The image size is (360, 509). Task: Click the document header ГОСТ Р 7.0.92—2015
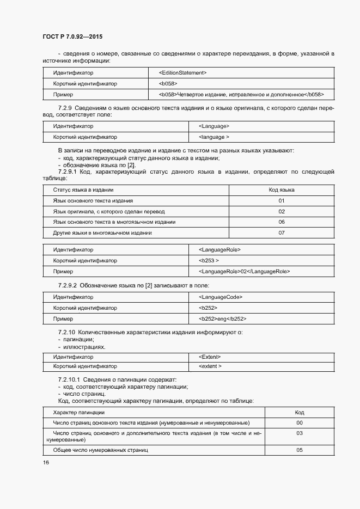(72, 37)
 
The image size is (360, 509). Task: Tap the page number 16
(46, 463)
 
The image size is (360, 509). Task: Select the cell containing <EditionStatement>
(182, 72)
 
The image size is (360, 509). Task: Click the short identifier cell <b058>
(168, 84)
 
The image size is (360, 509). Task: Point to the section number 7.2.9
(66, 108)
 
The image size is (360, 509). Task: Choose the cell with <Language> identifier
(214, 126)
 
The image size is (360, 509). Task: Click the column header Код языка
(282, 190)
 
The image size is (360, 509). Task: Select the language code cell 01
(282, 201)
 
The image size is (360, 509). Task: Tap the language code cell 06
(282, 222)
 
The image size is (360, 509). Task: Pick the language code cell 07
(282, 233)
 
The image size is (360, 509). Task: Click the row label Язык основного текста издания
(89, 201)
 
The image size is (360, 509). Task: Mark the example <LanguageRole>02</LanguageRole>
(245, 271)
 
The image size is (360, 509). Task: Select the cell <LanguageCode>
(221, 297)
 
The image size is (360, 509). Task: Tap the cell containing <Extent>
(210, 357)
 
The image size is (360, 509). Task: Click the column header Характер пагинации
(75, 413)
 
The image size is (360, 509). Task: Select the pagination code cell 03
(299, 433)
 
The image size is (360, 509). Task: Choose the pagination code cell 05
(299, 450)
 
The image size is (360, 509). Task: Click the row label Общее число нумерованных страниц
(101, 450)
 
